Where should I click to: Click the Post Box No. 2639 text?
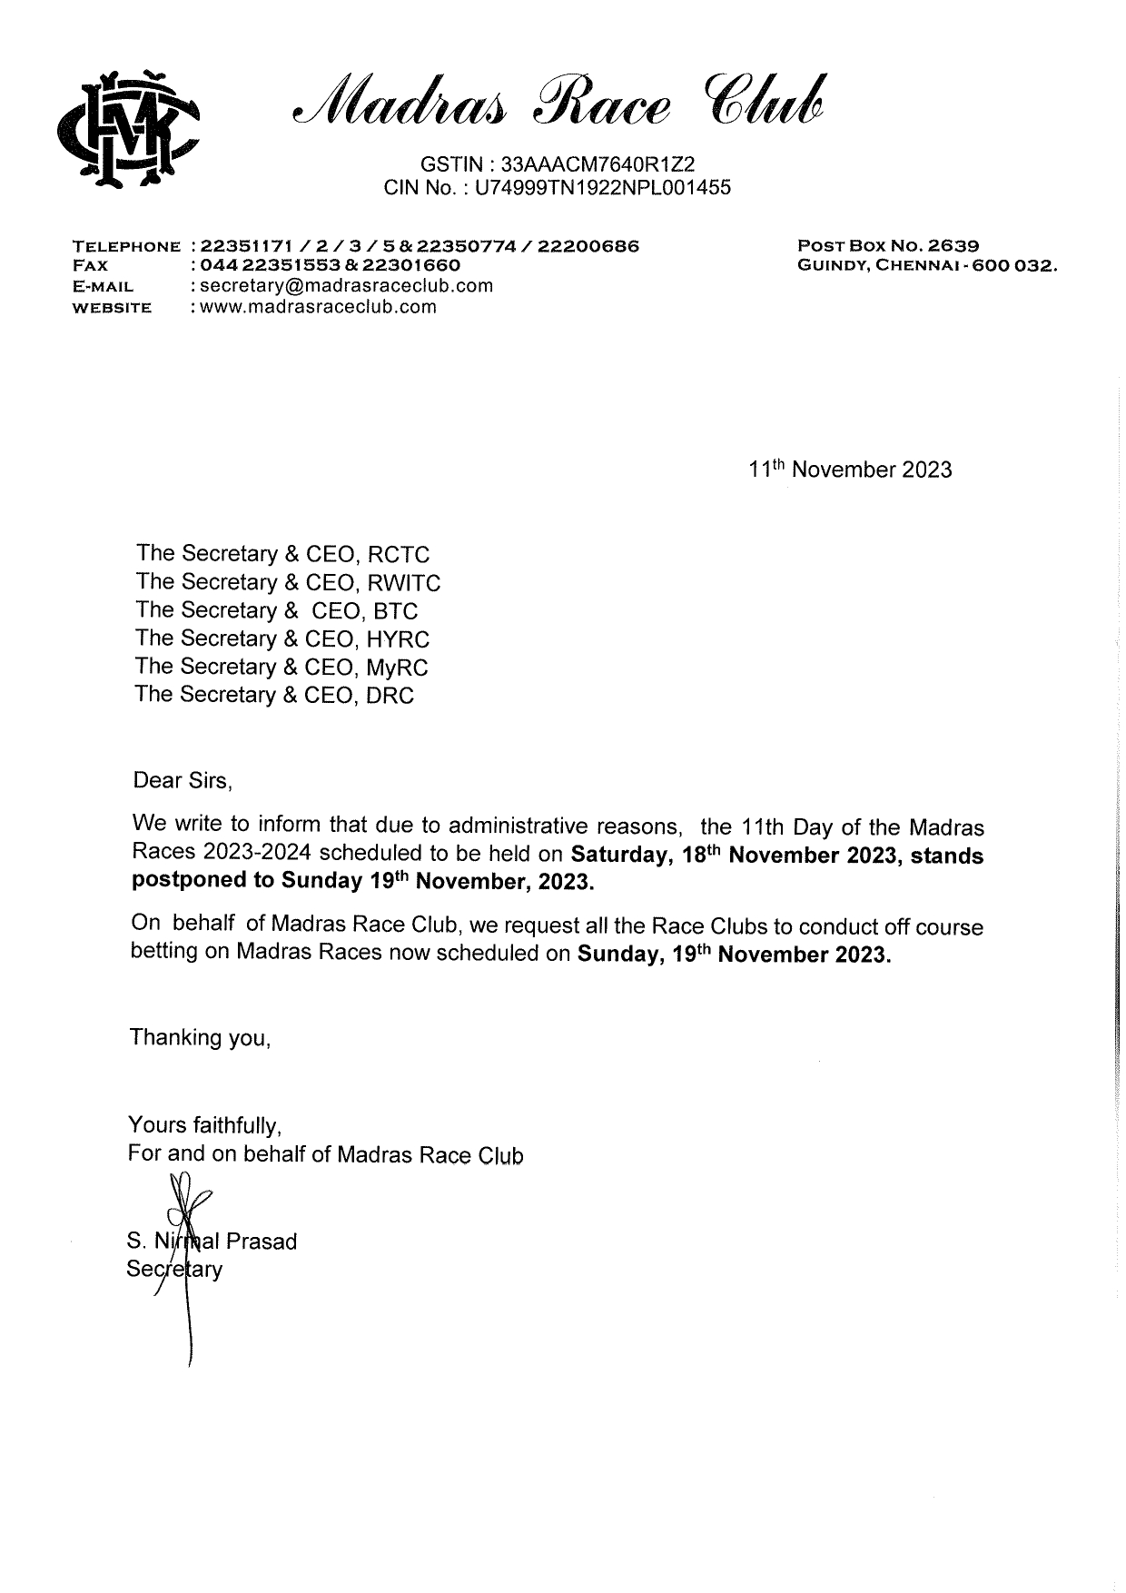click(887, 245)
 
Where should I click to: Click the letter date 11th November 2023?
click(850, 470)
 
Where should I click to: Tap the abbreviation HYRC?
click(398, 639)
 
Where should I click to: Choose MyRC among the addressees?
click(397, 668)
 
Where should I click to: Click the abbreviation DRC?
click(390, 696)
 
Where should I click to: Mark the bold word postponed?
click(202, 881)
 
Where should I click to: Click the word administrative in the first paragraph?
click(565, 826)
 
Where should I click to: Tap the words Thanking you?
click(200, 1037)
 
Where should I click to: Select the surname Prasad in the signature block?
click(261, 1242)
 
